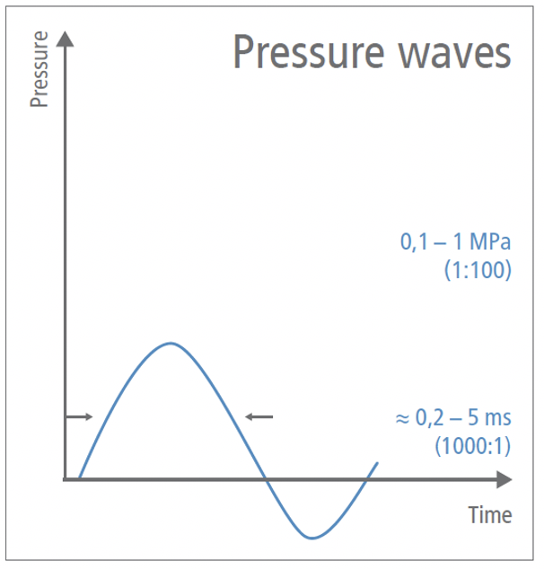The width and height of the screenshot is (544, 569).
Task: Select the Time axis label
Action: pos(490,515)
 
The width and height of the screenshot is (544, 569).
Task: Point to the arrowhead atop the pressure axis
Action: pos(65,39)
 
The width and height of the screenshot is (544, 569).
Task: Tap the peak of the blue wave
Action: pos(170,344)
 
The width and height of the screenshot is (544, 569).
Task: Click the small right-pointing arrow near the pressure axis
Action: pos(79,416)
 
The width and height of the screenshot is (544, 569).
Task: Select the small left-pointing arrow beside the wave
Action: pos(259,416)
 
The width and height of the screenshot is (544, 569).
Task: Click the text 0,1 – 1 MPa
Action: pos(455,242)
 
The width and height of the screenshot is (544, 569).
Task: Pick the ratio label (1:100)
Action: pos(478,269)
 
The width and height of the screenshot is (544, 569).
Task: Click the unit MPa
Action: pos(489,242)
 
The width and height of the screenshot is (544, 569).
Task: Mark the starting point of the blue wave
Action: pos(79,478)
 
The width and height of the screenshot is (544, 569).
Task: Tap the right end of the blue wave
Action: pos(377,463)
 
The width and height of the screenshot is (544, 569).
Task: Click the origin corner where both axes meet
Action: pos(65,479)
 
